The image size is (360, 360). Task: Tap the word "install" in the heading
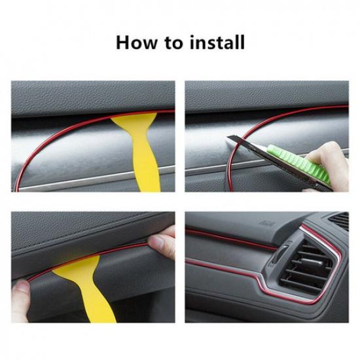tap(215, 43)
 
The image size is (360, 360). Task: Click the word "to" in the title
tap(171, 44)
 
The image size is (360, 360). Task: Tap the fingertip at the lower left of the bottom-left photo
tap(22, 289)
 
